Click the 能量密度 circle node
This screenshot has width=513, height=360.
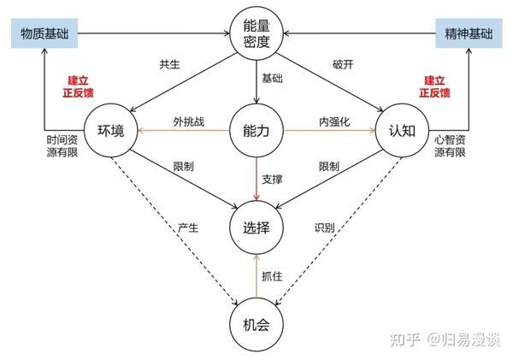[256, 33]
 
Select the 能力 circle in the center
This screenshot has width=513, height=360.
[256, 132]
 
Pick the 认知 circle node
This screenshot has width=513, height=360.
[401, 132]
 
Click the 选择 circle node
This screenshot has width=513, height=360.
[256, 227]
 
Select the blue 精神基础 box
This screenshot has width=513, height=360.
[469, 33]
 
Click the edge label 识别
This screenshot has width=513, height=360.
[325, 229]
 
